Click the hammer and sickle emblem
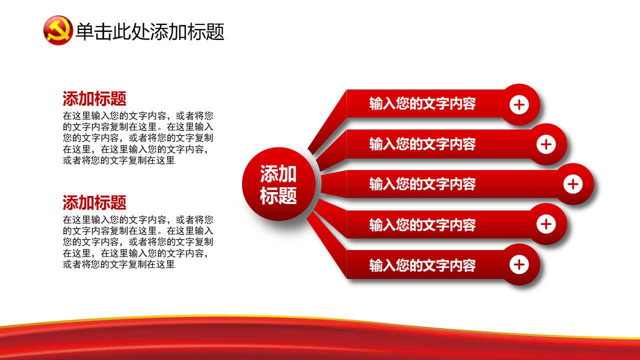[x=58, y=30]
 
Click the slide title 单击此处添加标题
[x=149, y=31]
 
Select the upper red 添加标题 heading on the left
[x=94, y=98]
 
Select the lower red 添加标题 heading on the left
[x=94, y=202]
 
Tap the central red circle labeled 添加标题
[x=278, y=184]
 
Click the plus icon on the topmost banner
[x=519, y=105]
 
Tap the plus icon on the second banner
[x=546, y=144]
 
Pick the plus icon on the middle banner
[x=573, y=184]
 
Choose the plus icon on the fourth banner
[x=546, y=224]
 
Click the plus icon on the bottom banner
[x=519, y=264]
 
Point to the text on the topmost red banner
[x=422, y=104]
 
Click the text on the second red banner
[x=422, y=144]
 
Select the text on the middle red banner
[x=422, y=184]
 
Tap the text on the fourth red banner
[x=422, y=224]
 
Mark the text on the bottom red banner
[x=422, y=265]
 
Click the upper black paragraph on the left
[x=138, y=138]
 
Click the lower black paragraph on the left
[x=138, y=242]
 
